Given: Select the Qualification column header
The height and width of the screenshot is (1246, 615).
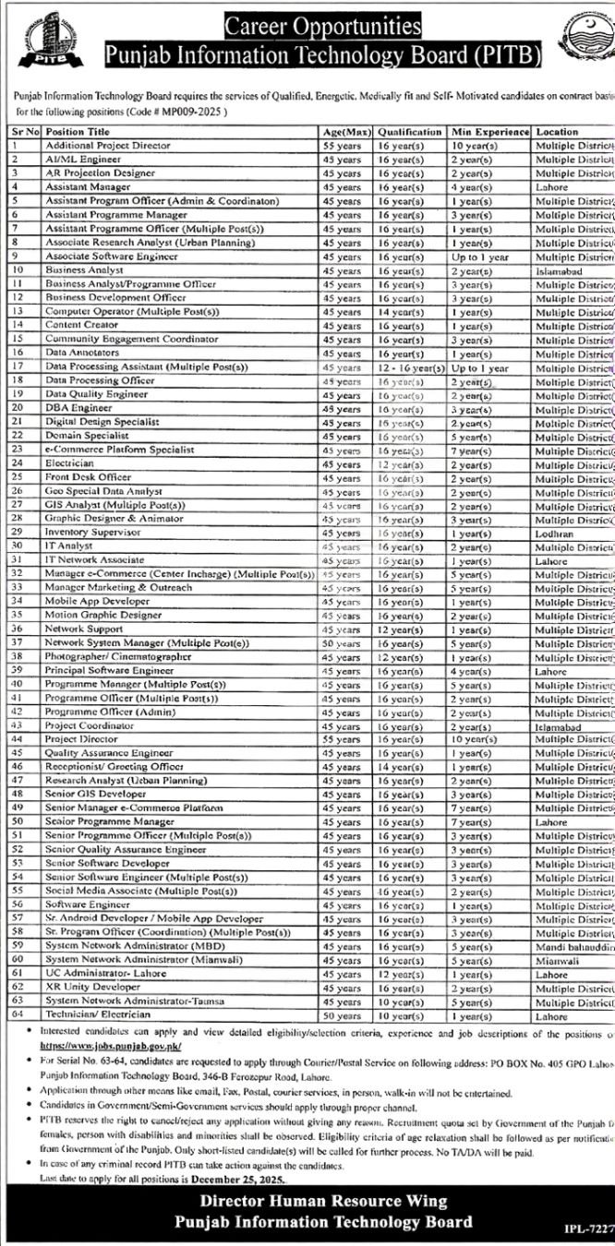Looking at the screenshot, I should pos(410,132).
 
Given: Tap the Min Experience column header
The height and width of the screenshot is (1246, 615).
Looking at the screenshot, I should pos(489,132).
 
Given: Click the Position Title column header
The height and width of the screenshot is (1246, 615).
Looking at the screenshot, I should pos(78,132).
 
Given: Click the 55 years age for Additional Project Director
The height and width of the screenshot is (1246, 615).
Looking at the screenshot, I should pos(342,146).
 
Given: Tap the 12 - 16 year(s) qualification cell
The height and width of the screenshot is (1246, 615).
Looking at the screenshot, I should pos(411,367).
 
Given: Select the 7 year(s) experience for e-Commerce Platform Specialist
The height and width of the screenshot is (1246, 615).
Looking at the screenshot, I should pos(469,449).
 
